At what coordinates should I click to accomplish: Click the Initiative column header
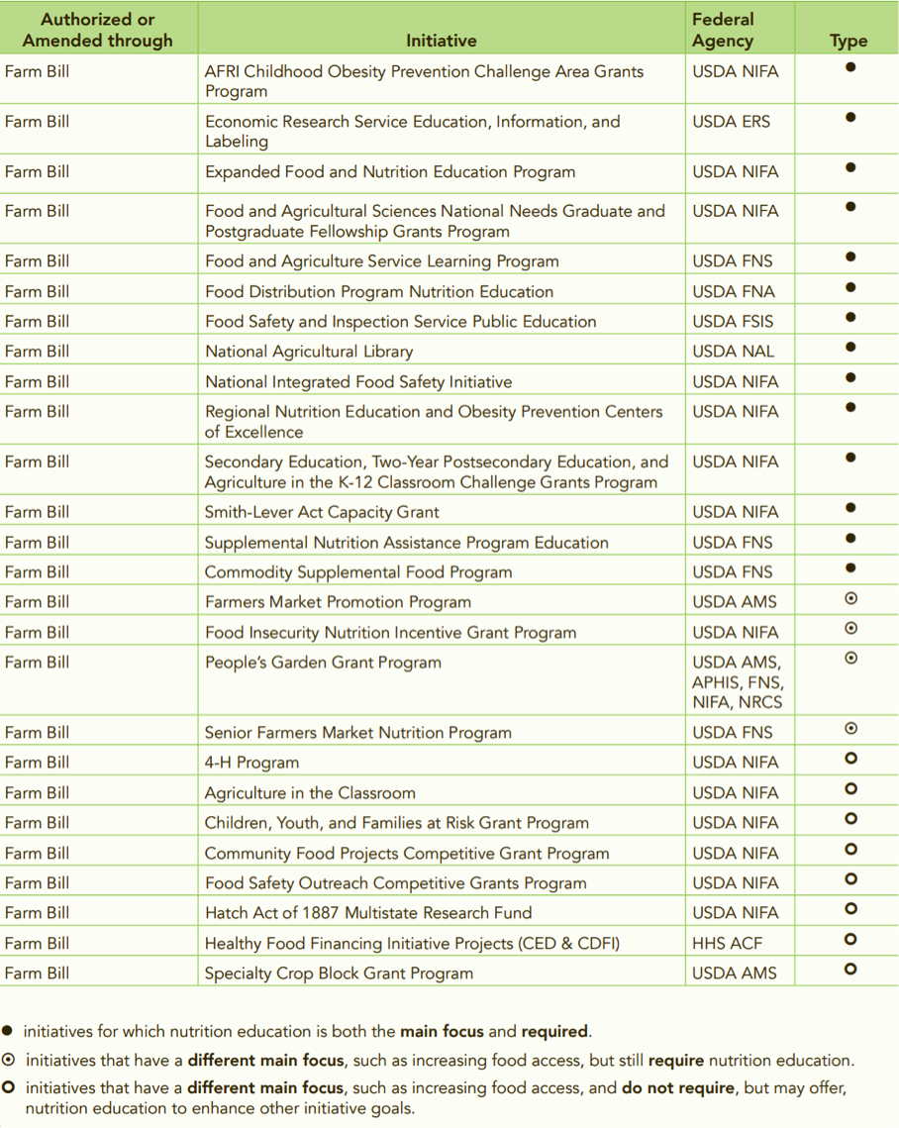441,41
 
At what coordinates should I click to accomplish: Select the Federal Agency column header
723,30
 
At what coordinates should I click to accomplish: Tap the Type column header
849,41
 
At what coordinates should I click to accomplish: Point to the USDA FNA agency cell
734,291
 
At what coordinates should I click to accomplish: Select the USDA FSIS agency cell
734,321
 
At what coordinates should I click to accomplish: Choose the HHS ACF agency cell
727,943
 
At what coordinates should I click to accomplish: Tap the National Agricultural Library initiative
309,351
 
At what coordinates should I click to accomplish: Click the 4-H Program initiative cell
251,763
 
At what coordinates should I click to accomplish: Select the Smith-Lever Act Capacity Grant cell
322,512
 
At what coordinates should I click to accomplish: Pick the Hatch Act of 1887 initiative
368,912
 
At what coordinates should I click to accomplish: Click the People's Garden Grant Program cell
323,663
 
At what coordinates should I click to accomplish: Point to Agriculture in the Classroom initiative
310,792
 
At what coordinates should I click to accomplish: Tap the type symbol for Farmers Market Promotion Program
850,598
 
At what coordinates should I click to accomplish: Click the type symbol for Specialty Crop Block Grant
850,970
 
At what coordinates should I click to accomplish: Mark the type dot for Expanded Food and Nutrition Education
850,167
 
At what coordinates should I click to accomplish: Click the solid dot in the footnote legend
8,1031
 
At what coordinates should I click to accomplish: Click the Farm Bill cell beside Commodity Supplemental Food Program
38,571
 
